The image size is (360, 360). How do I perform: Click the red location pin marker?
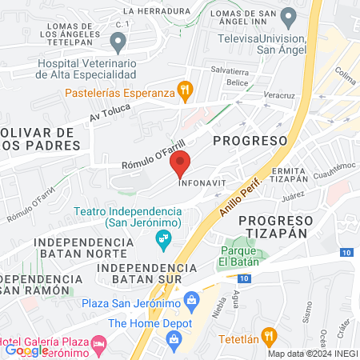[x=181, y=162]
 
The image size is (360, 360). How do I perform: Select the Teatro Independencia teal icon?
[x=163, y=238]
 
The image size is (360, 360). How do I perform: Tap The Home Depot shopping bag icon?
[x=174, y=339]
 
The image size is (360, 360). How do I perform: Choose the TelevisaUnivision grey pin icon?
[x=290, y=16]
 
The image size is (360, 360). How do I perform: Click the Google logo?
[x=26, y=350]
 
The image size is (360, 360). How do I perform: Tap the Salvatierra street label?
[x=230, y=70]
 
